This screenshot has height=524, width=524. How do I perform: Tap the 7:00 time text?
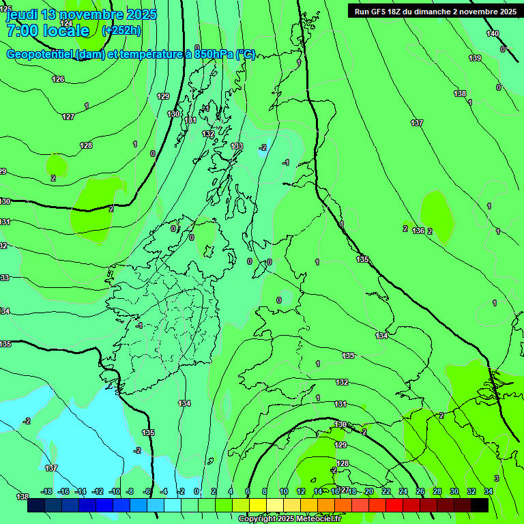(25, 30)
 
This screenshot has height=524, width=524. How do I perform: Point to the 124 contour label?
(66, 23)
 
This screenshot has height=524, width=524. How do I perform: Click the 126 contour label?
(58, 79)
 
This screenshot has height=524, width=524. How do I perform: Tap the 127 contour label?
(68, 117)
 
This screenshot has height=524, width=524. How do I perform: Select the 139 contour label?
(475, 58)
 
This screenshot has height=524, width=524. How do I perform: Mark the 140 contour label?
(493, 33)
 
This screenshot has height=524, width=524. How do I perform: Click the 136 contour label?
(418, 231)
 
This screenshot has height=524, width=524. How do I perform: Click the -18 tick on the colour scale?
(46, 491)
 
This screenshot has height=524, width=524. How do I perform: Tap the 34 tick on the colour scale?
(489, 491)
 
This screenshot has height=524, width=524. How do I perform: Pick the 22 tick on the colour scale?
(386, 491)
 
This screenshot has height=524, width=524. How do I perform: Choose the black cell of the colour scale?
(480, 506)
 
